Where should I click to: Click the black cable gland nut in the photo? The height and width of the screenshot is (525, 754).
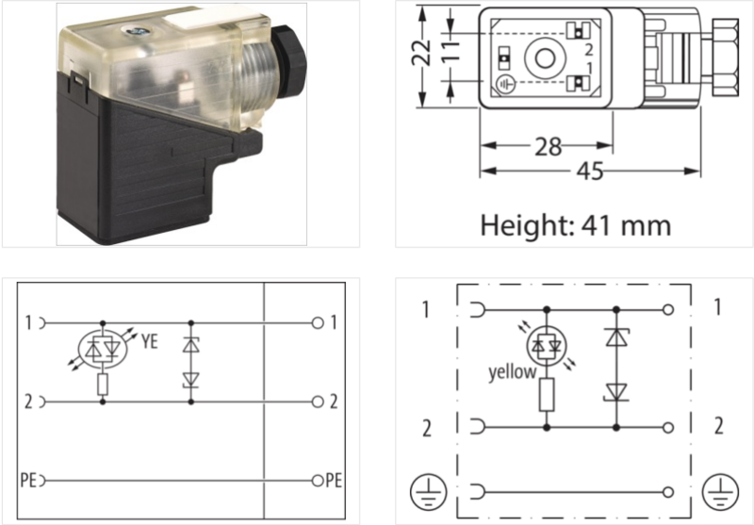[287, 57]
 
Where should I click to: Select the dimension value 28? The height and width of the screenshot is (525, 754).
[549, 146]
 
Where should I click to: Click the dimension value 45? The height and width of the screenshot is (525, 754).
[590, 171]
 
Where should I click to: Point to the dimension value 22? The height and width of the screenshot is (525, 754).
[421, 52]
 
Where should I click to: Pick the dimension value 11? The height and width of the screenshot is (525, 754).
[451, 52]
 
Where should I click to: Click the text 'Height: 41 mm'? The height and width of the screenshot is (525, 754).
[576, 225]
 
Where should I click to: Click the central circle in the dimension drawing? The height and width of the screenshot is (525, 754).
[545, 58]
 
